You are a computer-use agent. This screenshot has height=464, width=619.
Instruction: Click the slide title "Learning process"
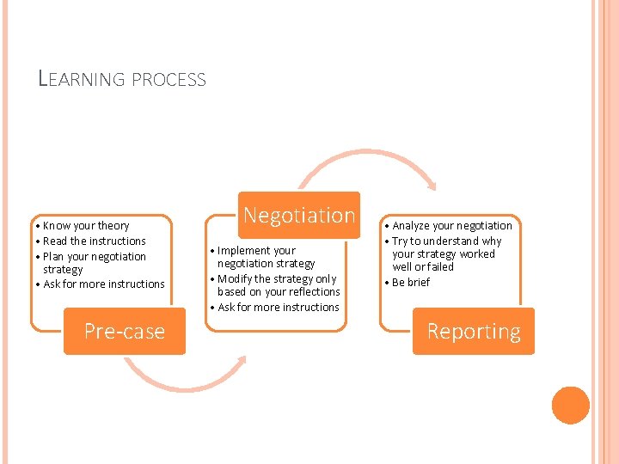coord(122,79)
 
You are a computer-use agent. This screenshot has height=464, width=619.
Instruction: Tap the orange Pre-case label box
coord(125,331)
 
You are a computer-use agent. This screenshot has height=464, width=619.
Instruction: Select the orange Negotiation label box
coord(299,215)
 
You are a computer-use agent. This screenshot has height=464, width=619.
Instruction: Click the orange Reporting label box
coord(474,331)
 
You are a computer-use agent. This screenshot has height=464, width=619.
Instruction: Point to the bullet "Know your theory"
coord(85,226)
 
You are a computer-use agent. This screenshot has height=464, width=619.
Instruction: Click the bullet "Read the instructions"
coord(94,241)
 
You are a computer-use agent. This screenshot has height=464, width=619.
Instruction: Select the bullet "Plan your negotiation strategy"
coord(94,263)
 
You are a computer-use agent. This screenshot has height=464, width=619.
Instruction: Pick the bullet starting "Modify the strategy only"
coord(278,285)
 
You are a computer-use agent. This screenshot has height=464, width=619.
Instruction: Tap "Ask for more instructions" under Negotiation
coord(278,308)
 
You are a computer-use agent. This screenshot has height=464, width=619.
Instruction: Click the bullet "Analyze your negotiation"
coord(451,226)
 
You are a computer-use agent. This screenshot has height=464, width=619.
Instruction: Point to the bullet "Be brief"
coord(410,283)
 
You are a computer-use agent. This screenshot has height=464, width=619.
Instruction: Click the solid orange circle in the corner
coord(571,406)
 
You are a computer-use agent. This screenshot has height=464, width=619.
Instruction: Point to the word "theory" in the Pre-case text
coord(113,226)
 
